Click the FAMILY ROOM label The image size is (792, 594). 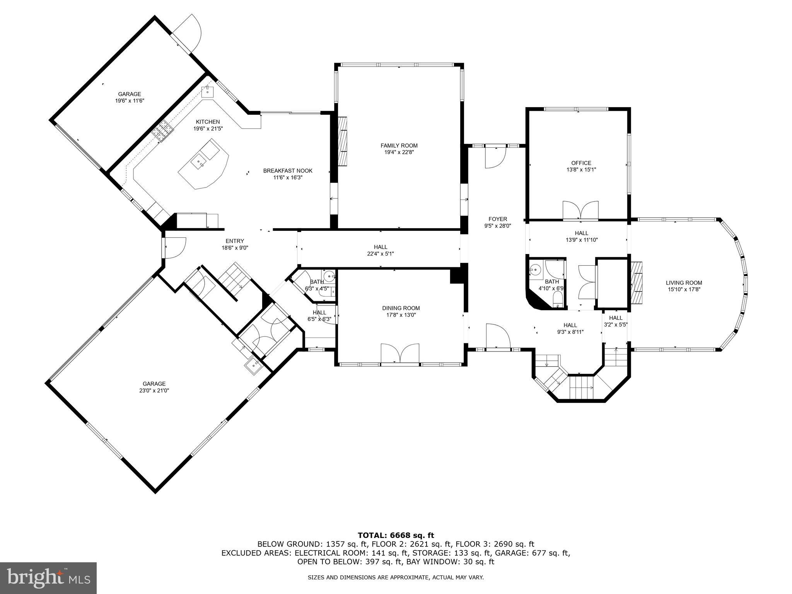click(399, 145)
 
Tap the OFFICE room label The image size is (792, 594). click(581, 163)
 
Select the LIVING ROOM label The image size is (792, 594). click(684, 283)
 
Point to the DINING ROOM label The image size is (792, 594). click(401, 308)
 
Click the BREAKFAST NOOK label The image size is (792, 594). click(288, 171)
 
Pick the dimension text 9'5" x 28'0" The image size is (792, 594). click(498, 226)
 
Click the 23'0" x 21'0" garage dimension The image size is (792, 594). click(154, 391)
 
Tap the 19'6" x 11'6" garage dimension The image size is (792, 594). click(130, 101)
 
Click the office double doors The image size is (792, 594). click(580, 211)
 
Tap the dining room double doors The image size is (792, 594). click(400, 353)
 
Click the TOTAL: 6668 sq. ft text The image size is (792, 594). click(396, 535)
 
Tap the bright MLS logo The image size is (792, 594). click(48, 578)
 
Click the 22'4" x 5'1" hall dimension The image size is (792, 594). click(381, 254)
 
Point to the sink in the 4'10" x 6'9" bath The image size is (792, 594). click(536, 269)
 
